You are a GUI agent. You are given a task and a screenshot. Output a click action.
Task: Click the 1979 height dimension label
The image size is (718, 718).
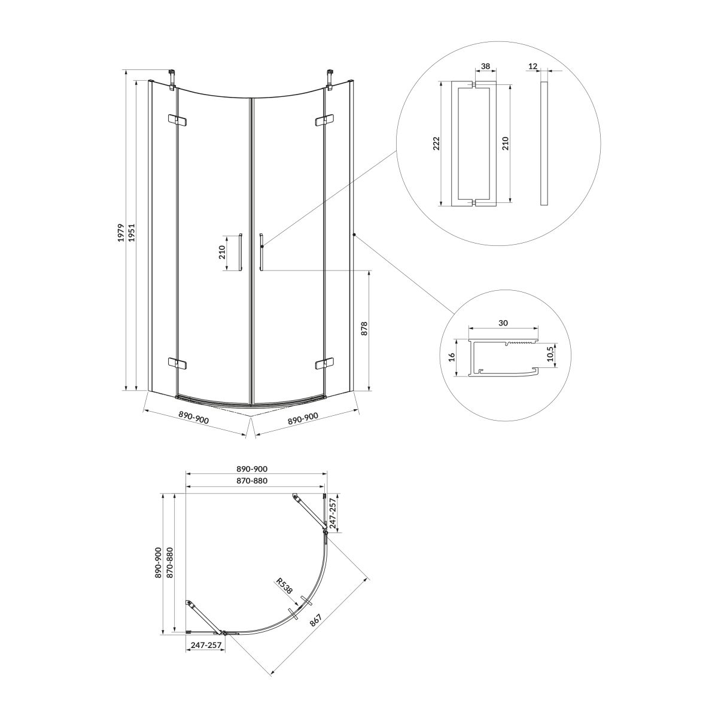coord(120,233)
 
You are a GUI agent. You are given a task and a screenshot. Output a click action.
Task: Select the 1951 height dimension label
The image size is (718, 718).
coord(131,233)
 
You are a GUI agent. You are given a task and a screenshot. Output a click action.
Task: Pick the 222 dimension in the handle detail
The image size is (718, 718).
coord(436,144)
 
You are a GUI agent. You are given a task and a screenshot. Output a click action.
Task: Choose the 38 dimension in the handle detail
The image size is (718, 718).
coord(485,66)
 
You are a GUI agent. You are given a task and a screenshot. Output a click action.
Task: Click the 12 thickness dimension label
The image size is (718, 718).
coord(533,66)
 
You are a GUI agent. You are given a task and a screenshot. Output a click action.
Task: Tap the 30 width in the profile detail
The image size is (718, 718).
coord(503,323)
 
